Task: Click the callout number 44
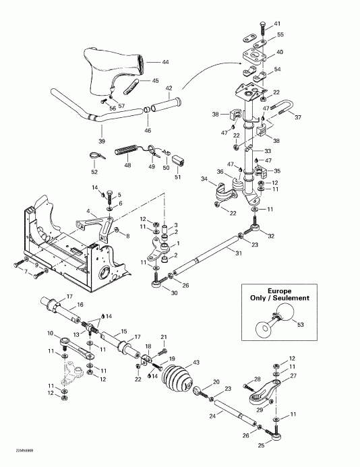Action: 166,62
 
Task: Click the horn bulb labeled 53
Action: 286,315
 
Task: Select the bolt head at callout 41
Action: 260,25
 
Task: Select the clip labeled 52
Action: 96,154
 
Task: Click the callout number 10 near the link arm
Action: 50,334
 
